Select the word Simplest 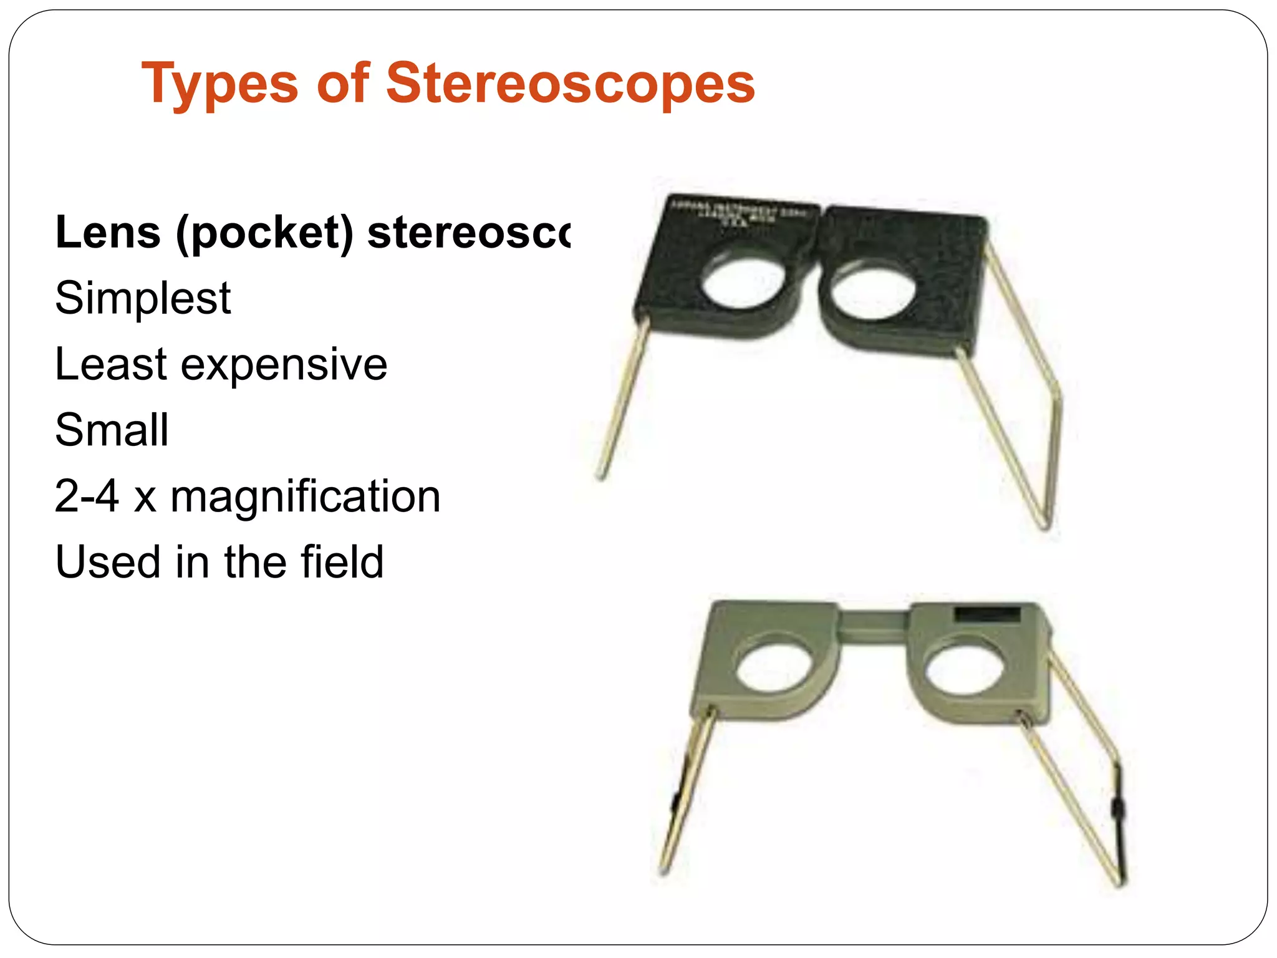click(x=143, y=299)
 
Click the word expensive click(x=284, y=365)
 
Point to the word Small click(x=112, y=430)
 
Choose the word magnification click(x=305, y=496)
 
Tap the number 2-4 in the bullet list click(x=87, y=496)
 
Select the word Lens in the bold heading click(x=108, y=233)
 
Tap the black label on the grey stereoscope click(x=987, y=615)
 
